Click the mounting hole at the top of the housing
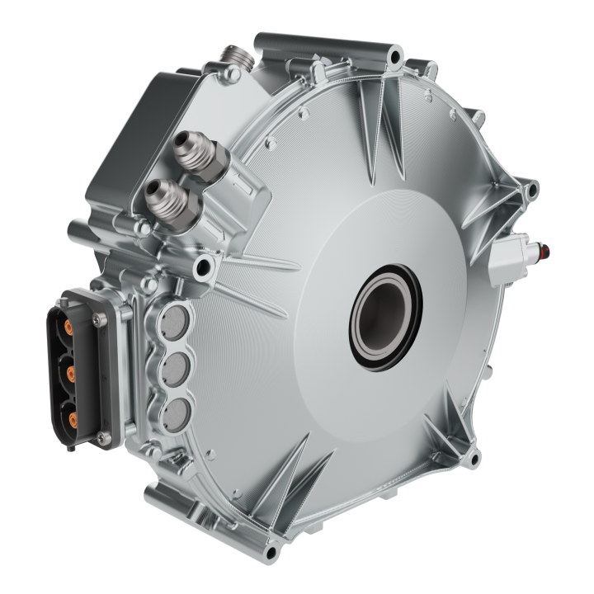395,58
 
